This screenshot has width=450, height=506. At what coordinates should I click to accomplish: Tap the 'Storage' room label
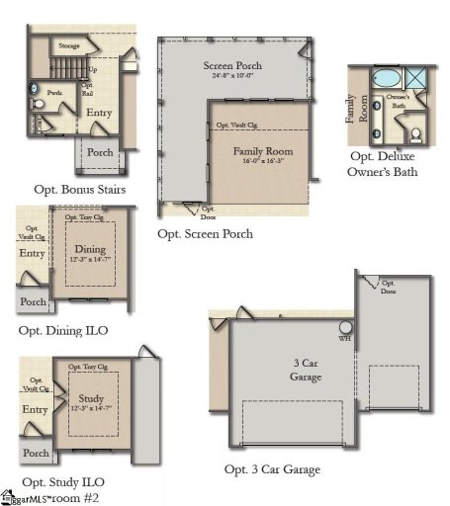pyautogui.click(x=69, y=45)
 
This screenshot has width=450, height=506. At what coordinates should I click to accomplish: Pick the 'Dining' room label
pyautogui.click(x=90, y=249)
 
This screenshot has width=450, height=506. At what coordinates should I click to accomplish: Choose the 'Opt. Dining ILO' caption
pyautogui.click(x=63, y=330)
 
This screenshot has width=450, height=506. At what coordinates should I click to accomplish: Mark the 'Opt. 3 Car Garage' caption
pyautogui.click(x=272, y=469)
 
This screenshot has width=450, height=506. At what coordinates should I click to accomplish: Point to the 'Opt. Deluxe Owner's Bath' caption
pyautogui.click(x=383, y=164)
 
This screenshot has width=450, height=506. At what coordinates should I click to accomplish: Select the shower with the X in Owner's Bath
pyautogui.click(x=418, y=78)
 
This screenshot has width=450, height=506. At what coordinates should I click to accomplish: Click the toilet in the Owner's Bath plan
pyautogui.click(x=416, y=133)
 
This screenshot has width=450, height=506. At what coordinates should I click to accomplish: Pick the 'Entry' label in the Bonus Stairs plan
pyautogui.click(x=99, y=113)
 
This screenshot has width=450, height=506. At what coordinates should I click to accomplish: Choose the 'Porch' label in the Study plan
pyautogui.click(x=36, y=453)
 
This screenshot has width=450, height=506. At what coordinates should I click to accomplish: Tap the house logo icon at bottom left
pyautogui.click(x=7, y=495)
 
